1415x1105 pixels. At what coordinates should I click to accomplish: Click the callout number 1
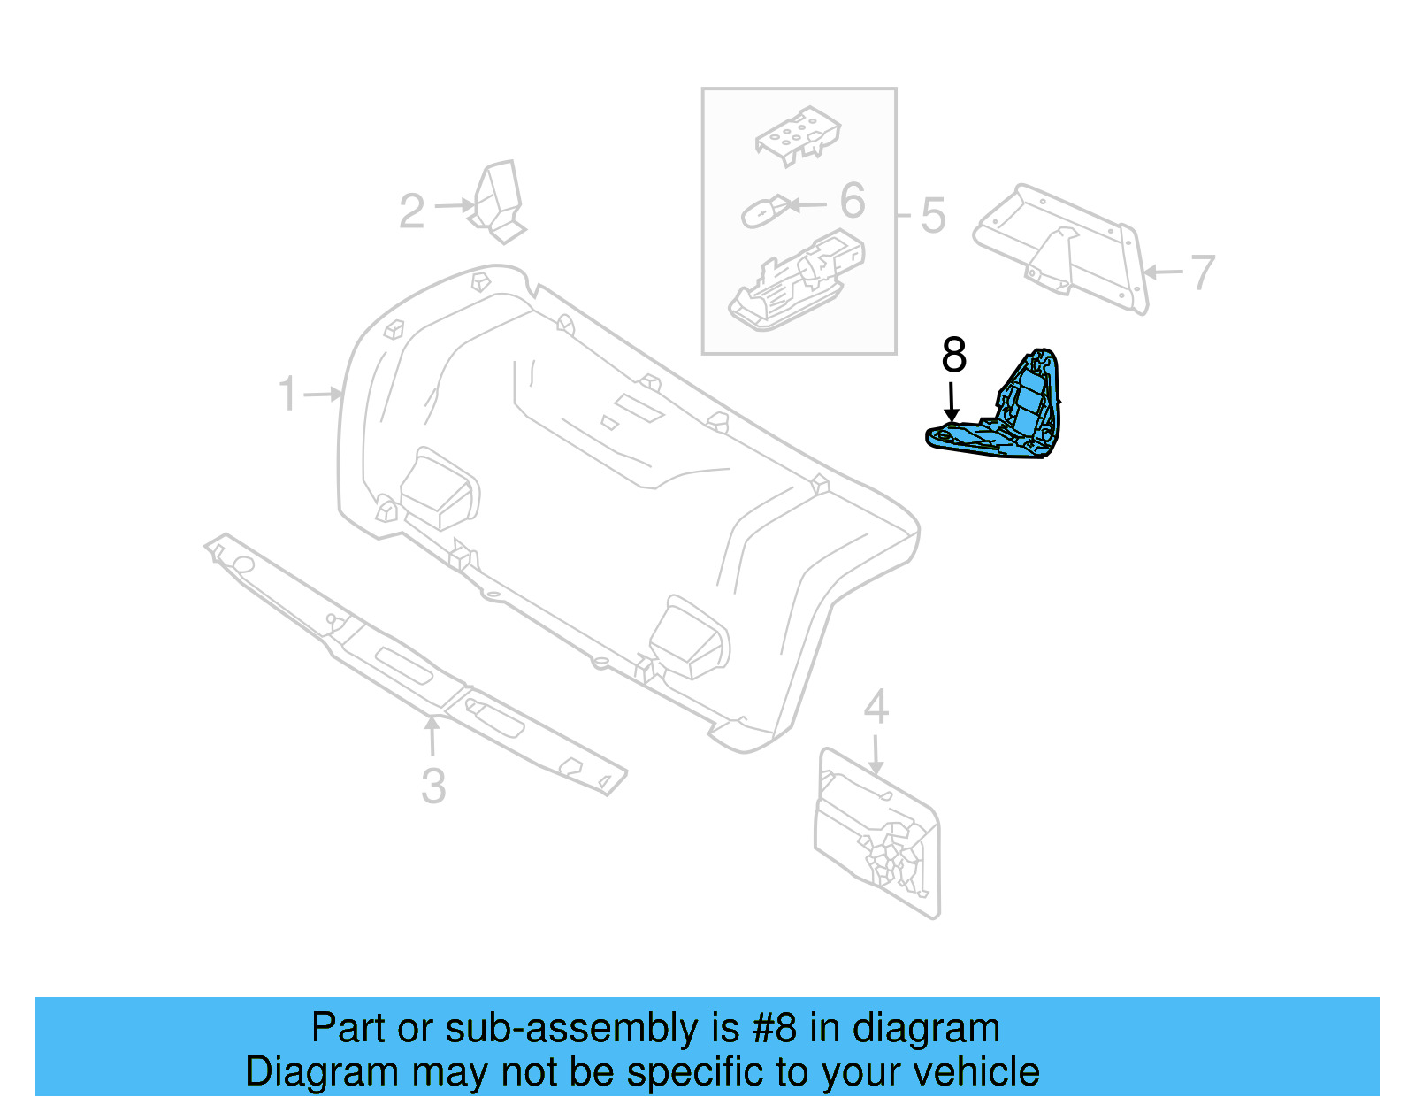(287, 393)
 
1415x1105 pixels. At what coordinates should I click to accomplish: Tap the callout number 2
(411, 211)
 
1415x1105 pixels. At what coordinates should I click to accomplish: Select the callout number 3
(433, 786)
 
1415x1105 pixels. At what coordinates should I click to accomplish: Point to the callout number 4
(876, 707)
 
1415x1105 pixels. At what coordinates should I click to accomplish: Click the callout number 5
(933, 215)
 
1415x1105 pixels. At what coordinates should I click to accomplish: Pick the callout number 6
(852, 201)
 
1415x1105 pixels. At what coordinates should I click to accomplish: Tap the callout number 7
(1203, 272)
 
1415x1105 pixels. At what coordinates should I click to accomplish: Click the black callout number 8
(953, 355)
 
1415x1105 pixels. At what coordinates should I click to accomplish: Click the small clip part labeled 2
(498, 202)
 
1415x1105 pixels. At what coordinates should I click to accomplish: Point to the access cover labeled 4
(876, 832)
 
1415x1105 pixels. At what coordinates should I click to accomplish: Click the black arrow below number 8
(952, 403)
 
